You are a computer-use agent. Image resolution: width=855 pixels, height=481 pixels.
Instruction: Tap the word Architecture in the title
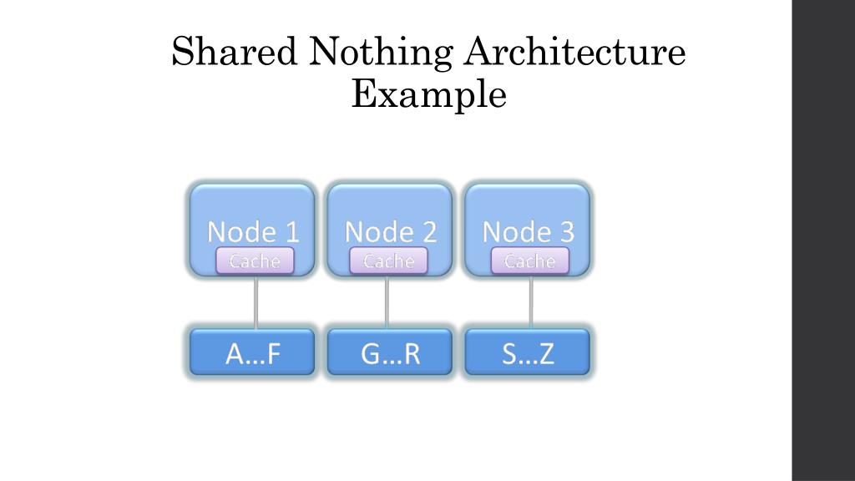(575, 53)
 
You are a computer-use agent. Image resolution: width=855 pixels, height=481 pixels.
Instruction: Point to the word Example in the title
(428, 94)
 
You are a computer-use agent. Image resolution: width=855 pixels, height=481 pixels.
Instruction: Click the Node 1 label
(253, 231)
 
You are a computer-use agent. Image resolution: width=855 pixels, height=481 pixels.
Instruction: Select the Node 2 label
(391, 231)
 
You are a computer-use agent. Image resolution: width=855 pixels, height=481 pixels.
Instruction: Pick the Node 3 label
(529, 231)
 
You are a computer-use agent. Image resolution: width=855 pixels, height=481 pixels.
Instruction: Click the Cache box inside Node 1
(255, 261)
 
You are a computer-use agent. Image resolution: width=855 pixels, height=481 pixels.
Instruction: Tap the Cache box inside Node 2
(388, 261)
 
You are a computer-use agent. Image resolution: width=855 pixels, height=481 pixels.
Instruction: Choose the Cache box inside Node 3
(529, 261)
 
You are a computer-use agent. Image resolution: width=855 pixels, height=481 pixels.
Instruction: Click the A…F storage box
(253, 353)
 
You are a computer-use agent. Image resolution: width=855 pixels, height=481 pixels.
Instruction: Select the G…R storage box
(390, 353)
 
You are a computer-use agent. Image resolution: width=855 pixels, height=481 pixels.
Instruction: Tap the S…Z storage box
(528, 353)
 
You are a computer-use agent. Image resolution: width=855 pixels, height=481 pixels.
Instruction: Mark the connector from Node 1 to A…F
(255, 302)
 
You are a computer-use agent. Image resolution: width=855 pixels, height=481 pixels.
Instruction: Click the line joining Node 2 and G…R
(387, 302)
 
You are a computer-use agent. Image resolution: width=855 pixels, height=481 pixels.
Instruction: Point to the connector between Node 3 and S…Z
(531, 302)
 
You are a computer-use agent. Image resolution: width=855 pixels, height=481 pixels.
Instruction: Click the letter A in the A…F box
(235, 355)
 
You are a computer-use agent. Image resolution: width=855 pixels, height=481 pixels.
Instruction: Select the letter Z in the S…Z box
(546, 355)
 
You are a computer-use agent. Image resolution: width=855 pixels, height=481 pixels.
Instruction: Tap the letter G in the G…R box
(372, 355)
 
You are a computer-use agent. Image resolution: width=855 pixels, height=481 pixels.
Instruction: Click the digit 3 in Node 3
(566, 231)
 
